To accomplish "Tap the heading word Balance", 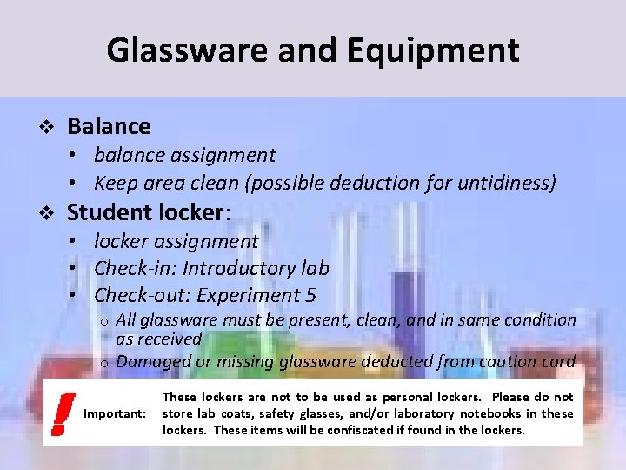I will click(x=109, y=126).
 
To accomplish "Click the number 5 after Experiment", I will click(x=310, y=294).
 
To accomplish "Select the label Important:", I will click(x=114, y=413).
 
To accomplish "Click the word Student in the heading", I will click(x=110, y=212).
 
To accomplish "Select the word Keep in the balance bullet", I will click(x=113, y=184).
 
